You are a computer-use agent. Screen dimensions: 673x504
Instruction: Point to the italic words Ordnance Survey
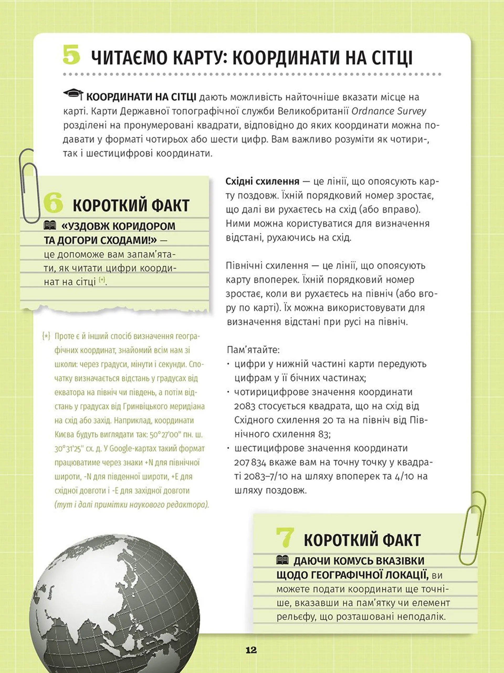[388, 111]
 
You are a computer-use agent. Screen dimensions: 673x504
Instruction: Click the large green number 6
[53, 203]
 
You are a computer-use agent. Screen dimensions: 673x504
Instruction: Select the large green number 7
[285, 537]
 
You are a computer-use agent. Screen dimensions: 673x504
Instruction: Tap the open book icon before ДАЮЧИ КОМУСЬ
[282, 560]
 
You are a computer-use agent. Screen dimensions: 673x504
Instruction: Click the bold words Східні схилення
[262, 182]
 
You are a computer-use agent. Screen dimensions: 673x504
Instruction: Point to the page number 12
[251, 650]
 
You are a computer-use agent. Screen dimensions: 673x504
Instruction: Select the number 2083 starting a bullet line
[244, 406]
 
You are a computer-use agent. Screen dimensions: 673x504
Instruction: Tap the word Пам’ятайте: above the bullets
[253, 350]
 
